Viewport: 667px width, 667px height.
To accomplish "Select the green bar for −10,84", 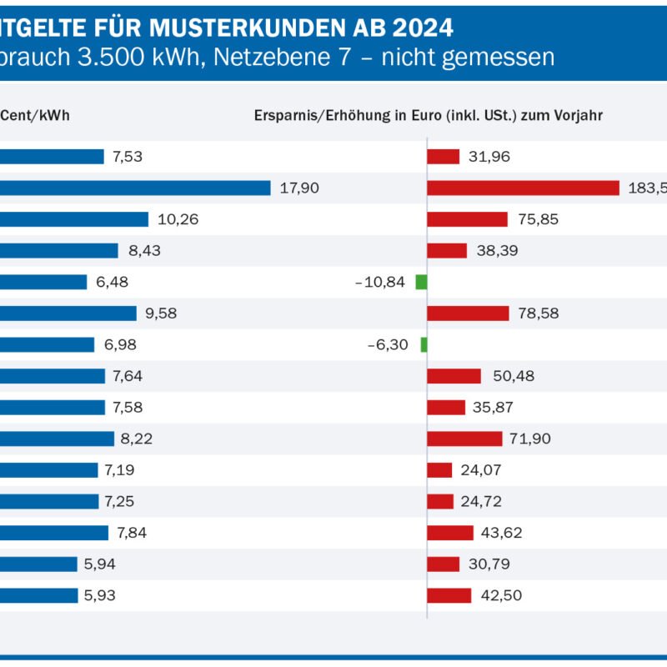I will pyautogui.click(x=421, y=282).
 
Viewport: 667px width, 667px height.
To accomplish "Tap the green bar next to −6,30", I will pyautogui.click(x=424, y=344).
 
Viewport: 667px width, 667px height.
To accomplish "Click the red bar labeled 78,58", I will pyautogui.click(x=468, y=313).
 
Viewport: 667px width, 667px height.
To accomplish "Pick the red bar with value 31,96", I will pyautogui.click(x=443, y=157).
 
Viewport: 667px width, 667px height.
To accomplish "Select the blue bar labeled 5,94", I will pyautogui.click(x=38, y=564).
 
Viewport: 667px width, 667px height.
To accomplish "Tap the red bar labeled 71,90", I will pyautogui.click(x=464, y=439).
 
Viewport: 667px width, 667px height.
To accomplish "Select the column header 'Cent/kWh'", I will pyautogui.click(x=35, y=116).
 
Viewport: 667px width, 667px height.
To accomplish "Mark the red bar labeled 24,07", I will pyautogui.click(x=439, y=470).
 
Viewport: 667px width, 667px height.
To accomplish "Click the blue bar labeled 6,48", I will pyautogui.click(x=43, y=282).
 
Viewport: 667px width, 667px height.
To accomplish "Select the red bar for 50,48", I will pyautogui.click(x=454, y=376).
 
